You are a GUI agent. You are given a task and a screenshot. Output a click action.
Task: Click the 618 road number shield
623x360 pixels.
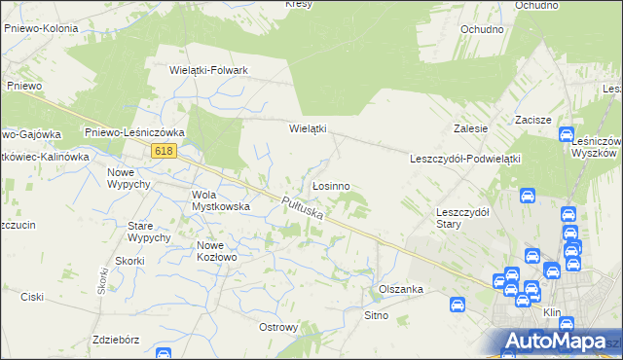pos(164,150)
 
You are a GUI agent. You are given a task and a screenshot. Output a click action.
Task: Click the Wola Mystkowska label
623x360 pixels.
pos(221,199)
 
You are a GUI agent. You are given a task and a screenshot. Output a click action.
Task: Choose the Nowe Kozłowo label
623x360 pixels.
pos(217,251)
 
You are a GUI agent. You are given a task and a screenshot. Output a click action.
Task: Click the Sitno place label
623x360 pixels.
pos(376,315)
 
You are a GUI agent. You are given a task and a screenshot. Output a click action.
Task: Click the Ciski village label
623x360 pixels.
pos(33,298)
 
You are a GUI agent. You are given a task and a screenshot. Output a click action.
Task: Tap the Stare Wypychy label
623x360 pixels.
pos(149,232)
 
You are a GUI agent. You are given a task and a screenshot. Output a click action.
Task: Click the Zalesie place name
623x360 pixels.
pos(470,128)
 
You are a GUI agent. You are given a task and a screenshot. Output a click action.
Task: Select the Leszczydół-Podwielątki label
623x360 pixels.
pos(466,159)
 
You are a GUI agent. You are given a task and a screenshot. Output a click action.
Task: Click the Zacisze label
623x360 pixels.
pos(533,120)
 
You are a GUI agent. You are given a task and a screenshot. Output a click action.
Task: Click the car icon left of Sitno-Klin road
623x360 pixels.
pos(457,305)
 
